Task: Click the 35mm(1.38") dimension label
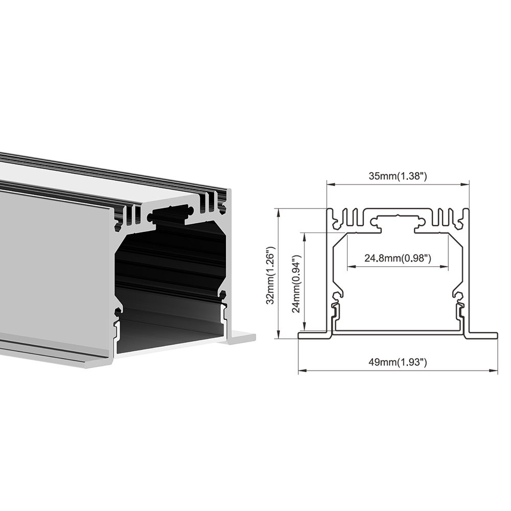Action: [398, 176]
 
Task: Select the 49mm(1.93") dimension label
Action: [398, 362]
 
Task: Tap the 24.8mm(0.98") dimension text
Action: [398, 259]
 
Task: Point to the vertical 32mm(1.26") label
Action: [271, 275]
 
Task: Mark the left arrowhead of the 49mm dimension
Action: [303, 370]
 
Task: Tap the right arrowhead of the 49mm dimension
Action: [494, 370]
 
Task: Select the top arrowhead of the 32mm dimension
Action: [278, 213]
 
